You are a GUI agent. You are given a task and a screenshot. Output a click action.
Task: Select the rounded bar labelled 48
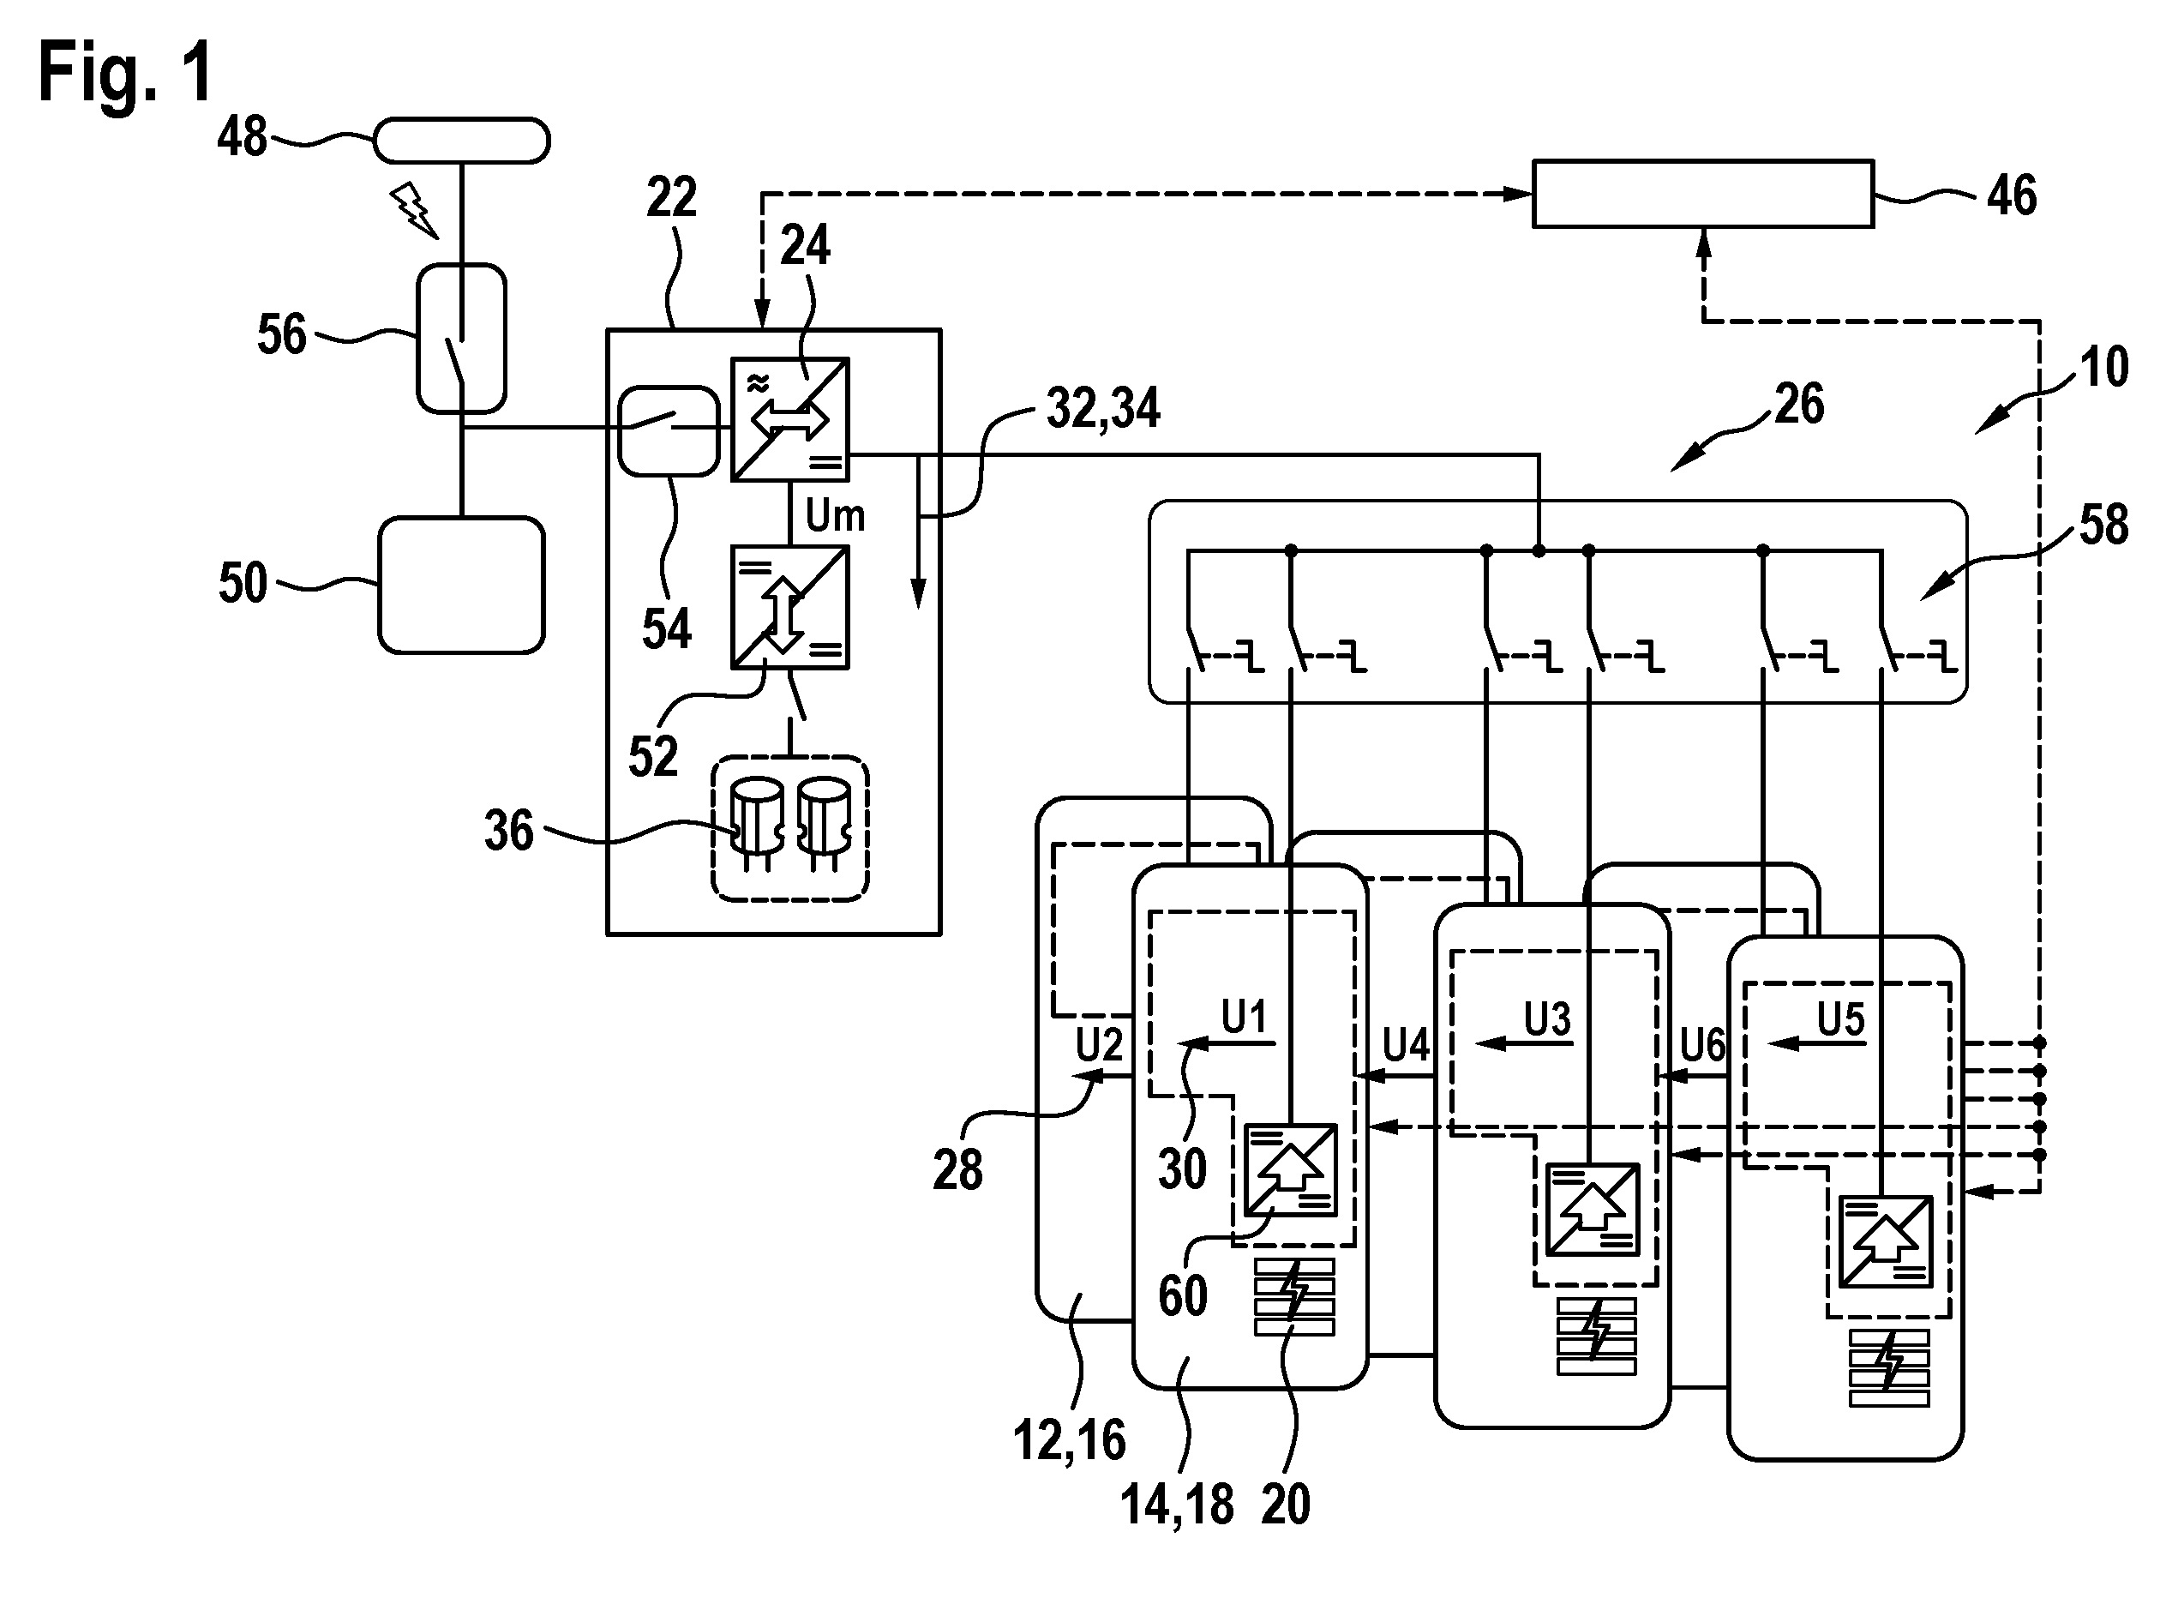462,141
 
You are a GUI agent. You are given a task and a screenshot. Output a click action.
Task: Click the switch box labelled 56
461,339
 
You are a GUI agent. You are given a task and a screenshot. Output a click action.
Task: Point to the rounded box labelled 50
461,586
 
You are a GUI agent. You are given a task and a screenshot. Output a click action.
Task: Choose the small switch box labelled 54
669,430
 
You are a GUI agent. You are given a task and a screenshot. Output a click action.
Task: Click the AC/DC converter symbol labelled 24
790,420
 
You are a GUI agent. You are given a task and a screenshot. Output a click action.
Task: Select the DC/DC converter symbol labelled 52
790,608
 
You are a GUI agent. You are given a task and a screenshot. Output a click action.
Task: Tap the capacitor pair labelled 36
790,829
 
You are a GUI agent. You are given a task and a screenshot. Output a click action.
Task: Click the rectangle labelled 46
1703,194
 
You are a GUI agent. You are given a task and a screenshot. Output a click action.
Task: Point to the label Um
835,515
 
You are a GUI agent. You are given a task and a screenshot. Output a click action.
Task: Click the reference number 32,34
1103,408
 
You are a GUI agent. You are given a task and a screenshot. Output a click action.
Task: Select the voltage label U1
1244,1017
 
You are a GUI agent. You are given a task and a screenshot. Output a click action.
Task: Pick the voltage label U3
1547,1018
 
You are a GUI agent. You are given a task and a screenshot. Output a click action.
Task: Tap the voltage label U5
1840,1018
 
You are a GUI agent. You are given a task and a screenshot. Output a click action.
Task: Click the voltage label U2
1100,1045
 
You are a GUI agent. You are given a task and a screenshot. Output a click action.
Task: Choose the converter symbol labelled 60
1290,1169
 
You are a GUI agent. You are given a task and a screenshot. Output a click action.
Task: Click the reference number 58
2103,526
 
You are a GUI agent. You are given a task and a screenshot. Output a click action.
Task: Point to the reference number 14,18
1177,1505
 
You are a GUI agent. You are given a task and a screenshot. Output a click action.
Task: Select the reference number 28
957,1168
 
